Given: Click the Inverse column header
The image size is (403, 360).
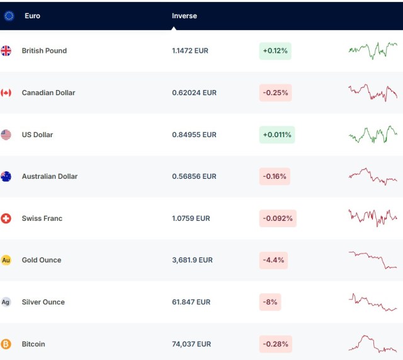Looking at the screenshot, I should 184,16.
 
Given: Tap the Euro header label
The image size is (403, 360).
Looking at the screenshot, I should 32,16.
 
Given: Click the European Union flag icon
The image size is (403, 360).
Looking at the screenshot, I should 9,16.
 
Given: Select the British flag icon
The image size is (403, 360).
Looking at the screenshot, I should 6,51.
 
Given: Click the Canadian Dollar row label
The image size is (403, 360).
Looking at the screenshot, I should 48,93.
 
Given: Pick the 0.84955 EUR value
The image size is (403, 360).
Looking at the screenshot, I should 194,135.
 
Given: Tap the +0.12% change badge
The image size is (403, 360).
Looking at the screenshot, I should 275,51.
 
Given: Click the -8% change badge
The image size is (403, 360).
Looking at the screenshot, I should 270,302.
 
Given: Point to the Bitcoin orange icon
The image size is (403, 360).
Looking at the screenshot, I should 6,344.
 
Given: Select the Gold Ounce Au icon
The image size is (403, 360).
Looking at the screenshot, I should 6,260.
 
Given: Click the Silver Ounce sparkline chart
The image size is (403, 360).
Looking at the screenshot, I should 373,302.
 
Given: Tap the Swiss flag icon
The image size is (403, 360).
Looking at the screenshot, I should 6,218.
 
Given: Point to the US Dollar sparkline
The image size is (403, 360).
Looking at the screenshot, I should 373,134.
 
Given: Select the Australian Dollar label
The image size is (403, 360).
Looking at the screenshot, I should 49,176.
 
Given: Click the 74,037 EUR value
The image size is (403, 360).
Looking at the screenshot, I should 192,344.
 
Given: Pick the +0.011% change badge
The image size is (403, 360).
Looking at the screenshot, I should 277,135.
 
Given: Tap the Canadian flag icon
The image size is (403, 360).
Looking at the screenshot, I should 6,93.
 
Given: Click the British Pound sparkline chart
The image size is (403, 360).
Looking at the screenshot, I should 373,50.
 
